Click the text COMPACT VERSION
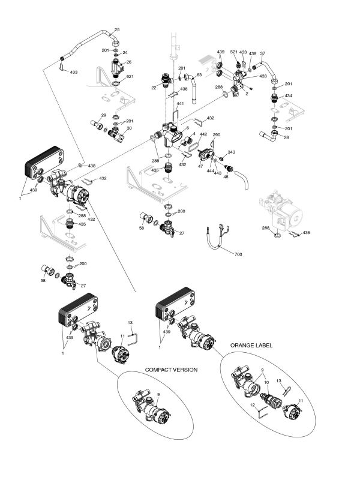pyautogui.click(x=172, y=370)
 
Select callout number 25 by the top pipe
pyautogui.click(x=117, y=29)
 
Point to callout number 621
pyautogui.click(x=130, y=77)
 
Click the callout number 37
pyautogui.click(x=262, y=53)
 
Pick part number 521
pyautogui.click(x=234, y=53)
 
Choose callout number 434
pyautogui.click(x=289, y=95)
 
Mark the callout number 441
pyautogui.click(x=180, y=104)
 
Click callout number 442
pyautogui.click(x=203, y=134)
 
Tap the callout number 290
pyautogui.click(x=217, y=134)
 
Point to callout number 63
pyautogui.click(x=199, y=75)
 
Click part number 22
pyautogui.click(x=154, y=88)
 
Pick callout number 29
pyautogui.click(x=103, y=115)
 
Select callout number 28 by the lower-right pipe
pyautogui.click(x=286, y=137)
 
